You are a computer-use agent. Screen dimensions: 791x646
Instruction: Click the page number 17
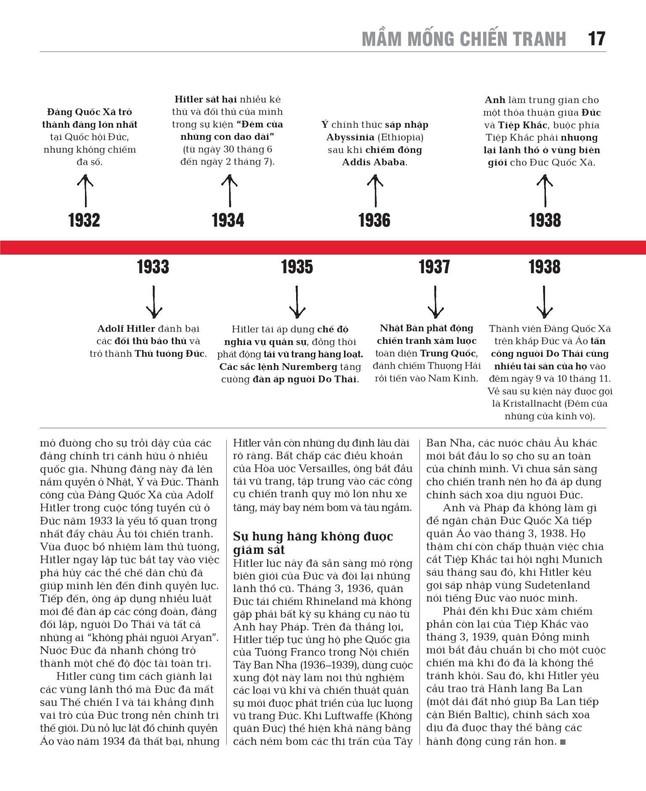[596, 39]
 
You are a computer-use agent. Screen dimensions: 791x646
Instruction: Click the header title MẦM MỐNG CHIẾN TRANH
[464, 39]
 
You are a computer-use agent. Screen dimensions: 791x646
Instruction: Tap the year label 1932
[84, 220]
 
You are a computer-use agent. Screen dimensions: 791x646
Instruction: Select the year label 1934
[228, 220]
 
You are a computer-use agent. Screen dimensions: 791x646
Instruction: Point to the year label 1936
[374, 220]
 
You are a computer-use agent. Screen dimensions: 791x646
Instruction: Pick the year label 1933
[153, 267]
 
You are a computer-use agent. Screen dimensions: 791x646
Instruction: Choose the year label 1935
[297, 267]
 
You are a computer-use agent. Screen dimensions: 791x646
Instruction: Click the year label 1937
[434, 267]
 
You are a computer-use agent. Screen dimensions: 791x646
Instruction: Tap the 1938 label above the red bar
[545, 220]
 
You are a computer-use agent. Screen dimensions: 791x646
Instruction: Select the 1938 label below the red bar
[545, 267]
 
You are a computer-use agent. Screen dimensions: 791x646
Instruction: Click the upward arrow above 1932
[85, 191]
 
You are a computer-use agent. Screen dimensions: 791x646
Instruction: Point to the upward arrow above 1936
[375, 191]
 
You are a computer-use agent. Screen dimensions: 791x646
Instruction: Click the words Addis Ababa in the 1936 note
[373, 162]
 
